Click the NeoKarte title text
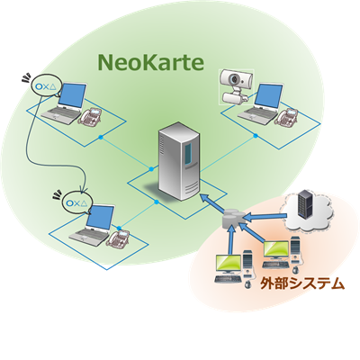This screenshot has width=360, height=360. tap(151, 62)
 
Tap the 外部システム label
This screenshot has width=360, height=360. tap(302, 283)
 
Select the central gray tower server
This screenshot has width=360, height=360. tap(179, 161)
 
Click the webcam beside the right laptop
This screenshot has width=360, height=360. tap(237, 87)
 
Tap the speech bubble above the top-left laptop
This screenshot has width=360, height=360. tap(46, 85)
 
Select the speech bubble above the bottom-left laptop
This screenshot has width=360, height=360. tap(76, 202)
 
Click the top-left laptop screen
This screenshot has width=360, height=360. tap(73, 95)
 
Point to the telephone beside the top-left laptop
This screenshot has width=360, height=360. tap(90, 116)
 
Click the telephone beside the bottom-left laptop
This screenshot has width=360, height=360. tap(119, 238)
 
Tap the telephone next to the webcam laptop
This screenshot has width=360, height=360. tap(286, 116)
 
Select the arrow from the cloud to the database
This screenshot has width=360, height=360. tap(265, 216)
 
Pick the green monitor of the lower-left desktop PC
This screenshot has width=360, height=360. tap(229, 264)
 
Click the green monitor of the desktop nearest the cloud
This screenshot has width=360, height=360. tap(276, 250)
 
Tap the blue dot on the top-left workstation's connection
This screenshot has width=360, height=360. tap(101, 137)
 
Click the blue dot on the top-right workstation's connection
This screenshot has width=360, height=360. tap(256, 136)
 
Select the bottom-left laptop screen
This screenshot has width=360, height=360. tap(101, 218)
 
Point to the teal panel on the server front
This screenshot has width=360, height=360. tap(188, 153)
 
